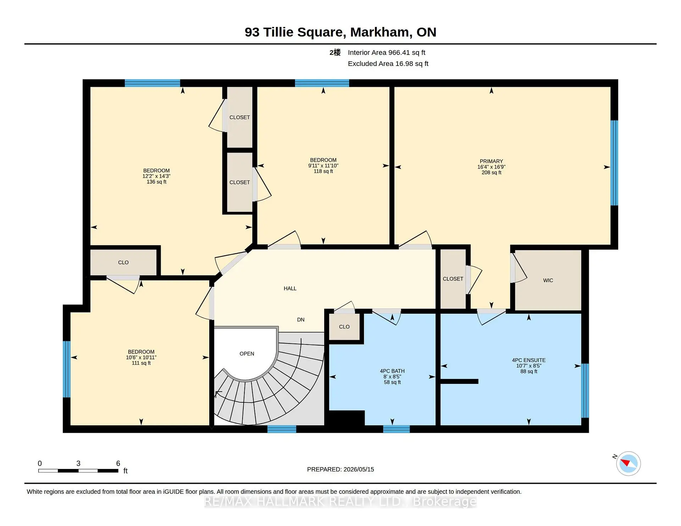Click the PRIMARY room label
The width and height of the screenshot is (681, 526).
(x=491, y=161)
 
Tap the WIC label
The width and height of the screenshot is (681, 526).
(x=548, y=280)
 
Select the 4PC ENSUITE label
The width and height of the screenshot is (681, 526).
(x=528, y=360)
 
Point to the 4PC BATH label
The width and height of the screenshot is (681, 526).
(x=392, y=371)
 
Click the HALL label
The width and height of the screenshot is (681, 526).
(x=290, y=289)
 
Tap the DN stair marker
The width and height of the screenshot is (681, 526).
(x=301, y=320)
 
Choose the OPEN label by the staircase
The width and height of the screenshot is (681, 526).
(x=247, y=354)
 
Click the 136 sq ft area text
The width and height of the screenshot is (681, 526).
(x=156, y=182)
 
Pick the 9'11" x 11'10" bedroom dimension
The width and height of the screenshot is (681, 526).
(x=323, y=166)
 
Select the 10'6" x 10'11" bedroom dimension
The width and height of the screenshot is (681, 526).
(x=141, y=357)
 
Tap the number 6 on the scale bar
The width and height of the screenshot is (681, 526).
(x=118, y=463)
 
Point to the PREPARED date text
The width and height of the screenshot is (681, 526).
(x=340, y=469)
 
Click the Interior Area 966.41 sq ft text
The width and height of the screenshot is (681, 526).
(x=386, y=52)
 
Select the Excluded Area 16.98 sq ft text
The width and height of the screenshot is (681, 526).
(x=388, y=63)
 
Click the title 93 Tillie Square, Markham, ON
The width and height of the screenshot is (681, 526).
(x=340, y=32)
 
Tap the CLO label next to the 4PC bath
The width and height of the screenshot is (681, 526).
(x=344, y=327)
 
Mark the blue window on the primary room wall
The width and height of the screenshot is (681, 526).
(x=614, y=163)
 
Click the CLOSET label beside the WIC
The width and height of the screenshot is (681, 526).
(x=453, y=279)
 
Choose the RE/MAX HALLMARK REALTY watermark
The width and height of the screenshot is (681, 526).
(x=340, y=502)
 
